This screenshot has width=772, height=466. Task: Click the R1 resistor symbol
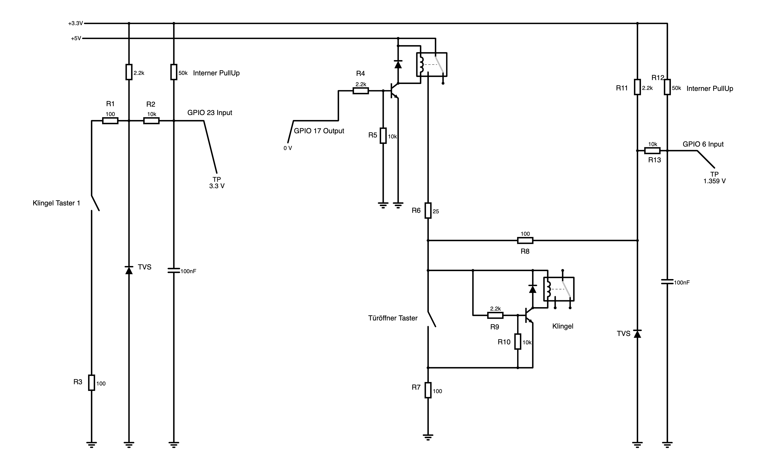110,121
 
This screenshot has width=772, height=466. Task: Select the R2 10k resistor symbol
151,121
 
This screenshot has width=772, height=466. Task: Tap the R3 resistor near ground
92,383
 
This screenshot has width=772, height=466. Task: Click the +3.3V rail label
76,23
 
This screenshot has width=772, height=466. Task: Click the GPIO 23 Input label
210,113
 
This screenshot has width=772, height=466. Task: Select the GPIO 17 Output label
319,131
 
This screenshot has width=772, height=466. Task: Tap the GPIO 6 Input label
703,144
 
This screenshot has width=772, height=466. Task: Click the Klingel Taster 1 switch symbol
95,203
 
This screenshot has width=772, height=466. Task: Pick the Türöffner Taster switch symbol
432,319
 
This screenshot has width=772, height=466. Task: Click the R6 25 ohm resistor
428,210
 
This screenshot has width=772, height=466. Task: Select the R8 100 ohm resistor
525,241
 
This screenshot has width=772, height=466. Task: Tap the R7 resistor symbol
428,390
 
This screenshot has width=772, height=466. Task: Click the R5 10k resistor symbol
383,135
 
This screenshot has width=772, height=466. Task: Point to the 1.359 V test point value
714,181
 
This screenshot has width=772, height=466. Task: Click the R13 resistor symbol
652,151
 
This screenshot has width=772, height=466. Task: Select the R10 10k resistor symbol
518,342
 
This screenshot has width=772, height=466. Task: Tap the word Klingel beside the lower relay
563,326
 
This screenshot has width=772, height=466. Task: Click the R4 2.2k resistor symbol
361,91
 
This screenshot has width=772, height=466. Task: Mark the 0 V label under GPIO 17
288,148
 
